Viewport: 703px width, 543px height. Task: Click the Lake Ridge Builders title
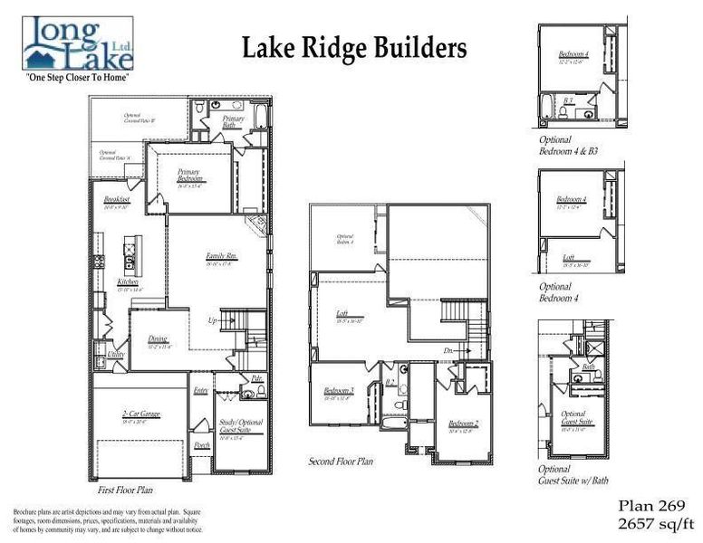pos(354,48)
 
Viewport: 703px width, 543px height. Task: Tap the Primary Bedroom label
pos(188,173)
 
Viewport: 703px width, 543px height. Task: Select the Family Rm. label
pos(220,256)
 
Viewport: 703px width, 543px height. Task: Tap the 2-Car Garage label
pos(140,414)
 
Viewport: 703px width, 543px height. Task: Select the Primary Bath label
pos(234,122)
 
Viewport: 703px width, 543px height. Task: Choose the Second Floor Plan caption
pos(342,461)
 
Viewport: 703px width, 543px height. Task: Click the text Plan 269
pos(651,505)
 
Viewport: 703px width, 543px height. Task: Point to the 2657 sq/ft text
pos(651,522)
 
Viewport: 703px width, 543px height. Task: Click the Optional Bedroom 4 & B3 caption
pos(567,145)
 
